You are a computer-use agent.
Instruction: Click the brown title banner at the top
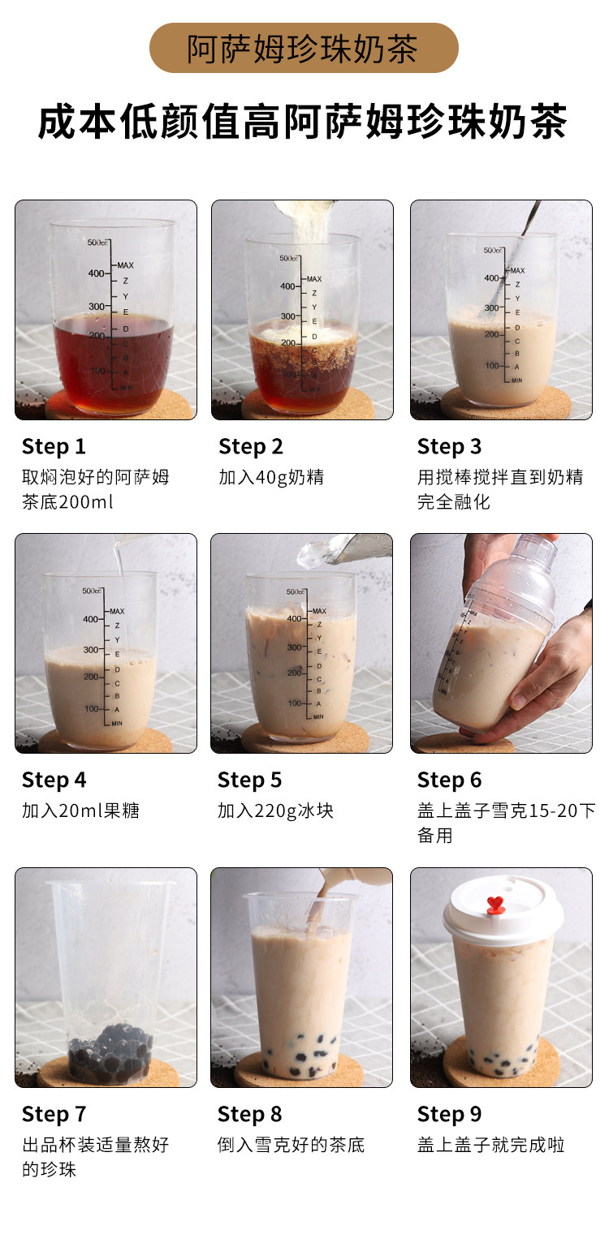[304, 48]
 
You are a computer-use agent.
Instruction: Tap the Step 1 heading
[54, 447]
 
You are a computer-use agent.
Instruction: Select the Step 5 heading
[249, 780]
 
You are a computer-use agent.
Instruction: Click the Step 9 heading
[449, 1114]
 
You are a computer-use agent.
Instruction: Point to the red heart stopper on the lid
[495, 905]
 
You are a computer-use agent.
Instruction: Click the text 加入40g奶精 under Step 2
[271, 477]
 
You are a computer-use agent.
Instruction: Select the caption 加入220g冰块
[275, 811]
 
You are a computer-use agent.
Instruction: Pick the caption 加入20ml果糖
[80, 811]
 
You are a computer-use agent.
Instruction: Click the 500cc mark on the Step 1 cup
[98, 243]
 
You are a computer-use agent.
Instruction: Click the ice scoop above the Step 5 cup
[344, 548]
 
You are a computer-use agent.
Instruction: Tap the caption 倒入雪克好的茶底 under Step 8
[291, 1145]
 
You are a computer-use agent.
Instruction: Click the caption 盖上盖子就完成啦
[491, 1145]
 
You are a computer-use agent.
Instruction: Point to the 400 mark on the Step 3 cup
[491, 278]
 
